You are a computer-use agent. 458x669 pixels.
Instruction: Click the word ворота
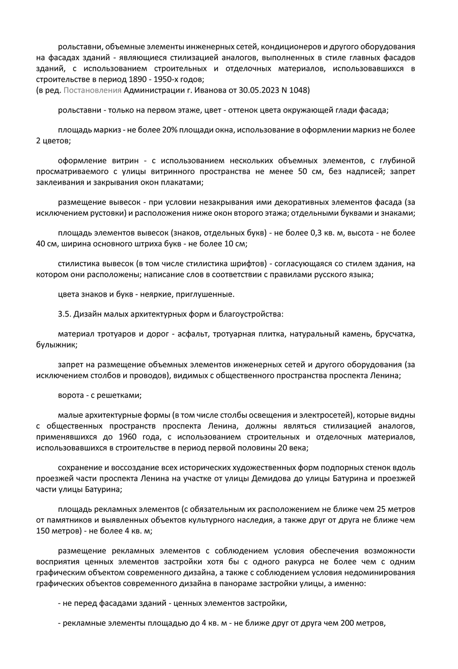pos(70,395)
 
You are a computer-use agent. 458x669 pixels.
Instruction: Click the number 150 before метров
pos(44,530)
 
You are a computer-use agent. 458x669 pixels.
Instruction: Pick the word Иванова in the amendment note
pos(206,90)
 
